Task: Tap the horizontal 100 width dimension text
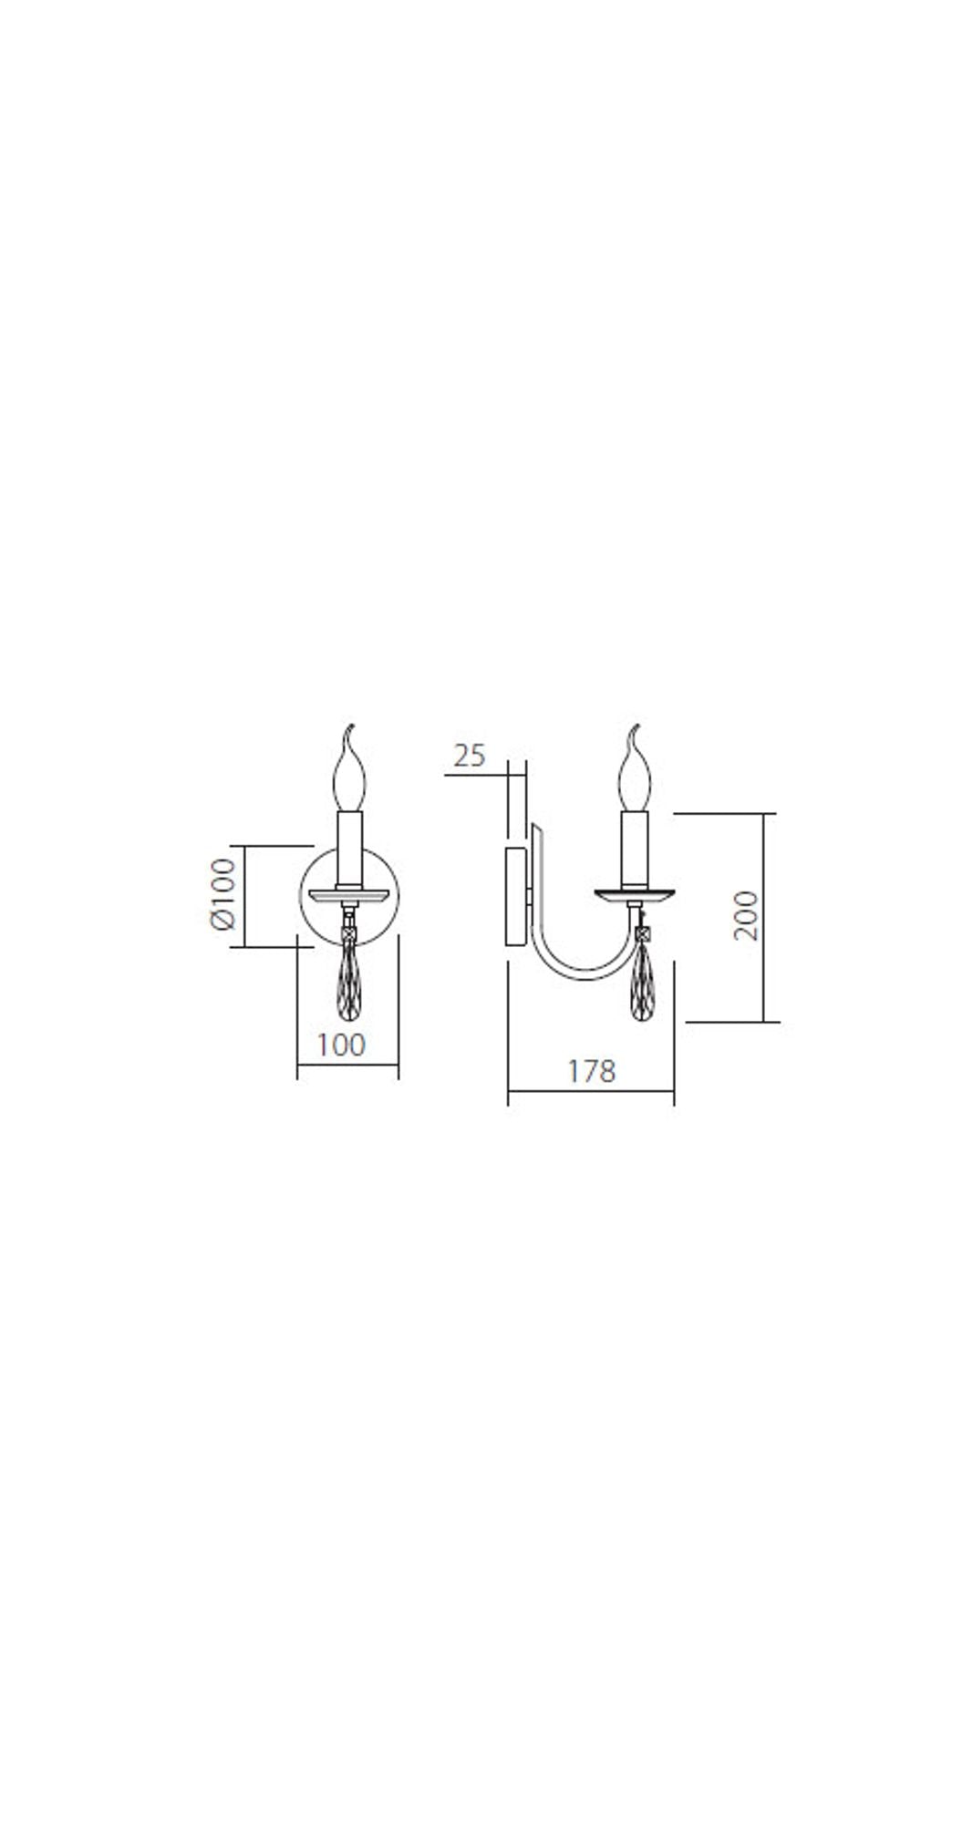[341, 1045]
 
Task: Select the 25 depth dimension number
[470, 756]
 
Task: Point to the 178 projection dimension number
[591, 1070]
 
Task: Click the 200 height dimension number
[746, 915]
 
